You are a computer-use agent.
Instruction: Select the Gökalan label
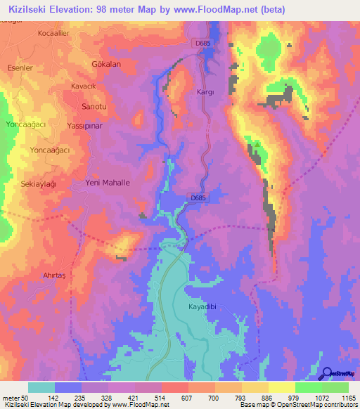(x=107, y=64)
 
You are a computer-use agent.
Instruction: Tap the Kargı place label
(x=206, y=92)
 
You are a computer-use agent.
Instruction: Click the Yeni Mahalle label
(x=108, y=183)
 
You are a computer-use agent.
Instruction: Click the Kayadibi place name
(x=205, y=307)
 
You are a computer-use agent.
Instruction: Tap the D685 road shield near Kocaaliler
(x=202, y=43)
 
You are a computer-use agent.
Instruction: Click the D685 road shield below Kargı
(x=198, y=198)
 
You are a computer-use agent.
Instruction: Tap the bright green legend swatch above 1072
(x=308, y=387)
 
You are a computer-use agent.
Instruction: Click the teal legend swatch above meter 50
(x=41, y=387)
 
